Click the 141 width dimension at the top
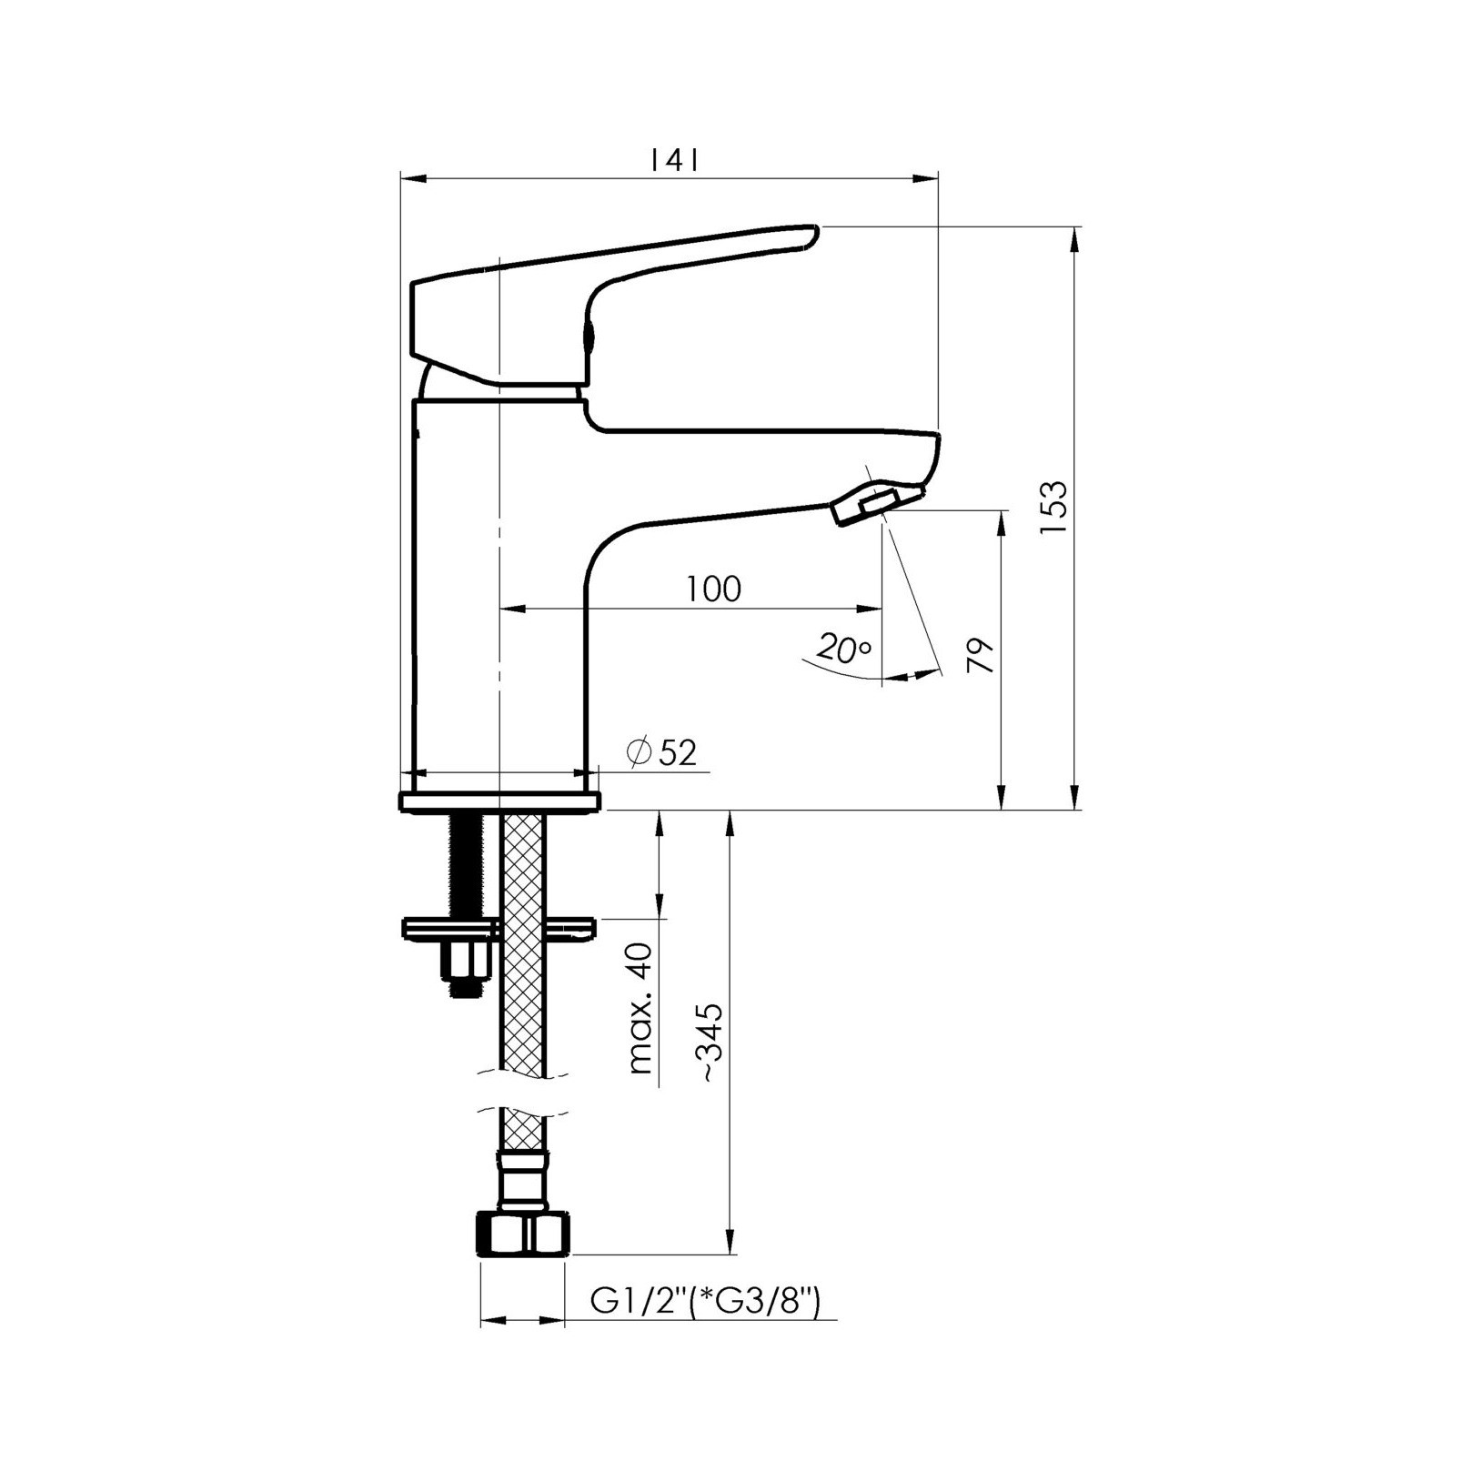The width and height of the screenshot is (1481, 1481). tap(674, 161)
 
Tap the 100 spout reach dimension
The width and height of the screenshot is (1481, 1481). tap(714, 589)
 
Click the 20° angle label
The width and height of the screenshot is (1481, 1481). tap(843, 649)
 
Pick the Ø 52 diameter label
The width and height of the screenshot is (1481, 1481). tap(661, 752)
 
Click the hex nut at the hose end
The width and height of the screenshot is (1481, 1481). tap(522, 1234)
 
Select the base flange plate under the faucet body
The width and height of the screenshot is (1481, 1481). tap(500, 801)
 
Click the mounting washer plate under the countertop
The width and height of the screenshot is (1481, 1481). tap(499, 928)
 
